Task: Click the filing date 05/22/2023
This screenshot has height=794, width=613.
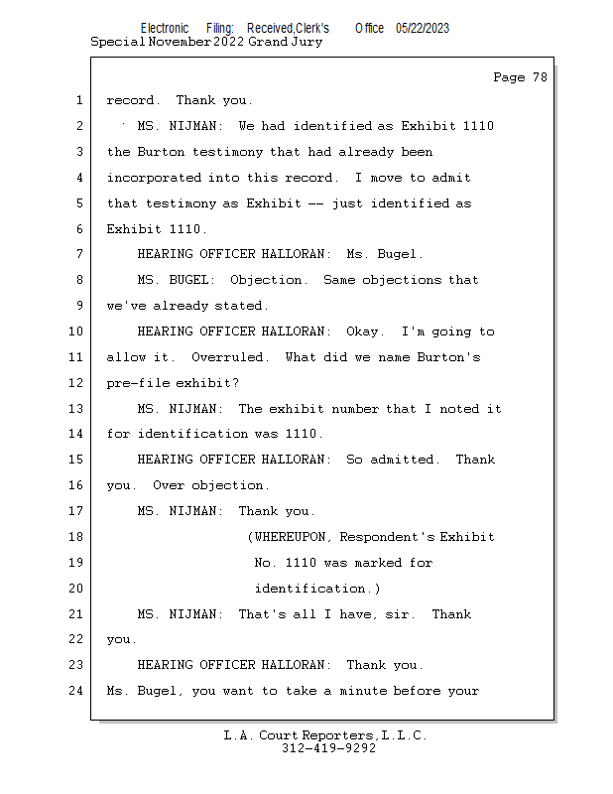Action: point(422,29)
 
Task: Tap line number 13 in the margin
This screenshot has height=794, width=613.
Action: point(76,409)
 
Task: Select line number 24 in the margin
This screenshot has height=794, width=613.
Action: point(76,691)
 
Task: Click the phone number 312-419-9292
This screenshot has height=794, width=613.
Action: point(328,748)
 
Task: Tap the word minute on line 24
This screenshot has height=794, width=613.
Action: point(360,691)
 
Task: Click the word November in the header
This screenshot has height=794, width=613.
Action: point(179,42)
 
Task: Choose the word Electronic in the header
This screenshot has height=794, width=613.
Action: point(165,29)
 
